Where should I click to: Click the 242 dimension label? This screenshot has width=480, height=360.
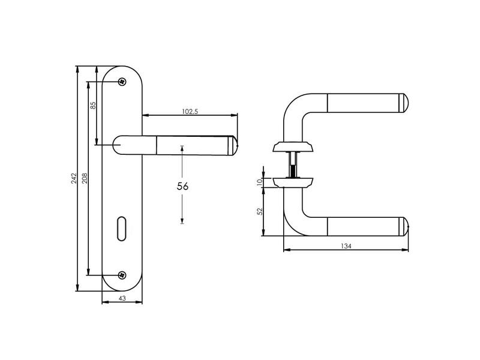(x=74, y=178)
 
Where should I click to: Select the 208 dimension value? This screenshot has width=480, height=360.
(x=85, y=178)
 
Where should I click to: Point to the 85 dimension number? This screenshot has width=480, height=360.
(x=93, y=106)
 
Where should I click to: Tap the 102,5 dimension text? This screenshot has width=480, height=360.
(x=190, y=112)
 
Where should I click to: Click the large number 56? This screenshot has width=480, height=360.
(x=182, y=186)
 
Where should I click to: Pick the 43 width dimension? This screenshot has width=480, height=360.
(x=122, y=298)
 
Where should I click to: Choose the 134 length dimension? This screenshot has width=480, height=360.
(x=346, y=246)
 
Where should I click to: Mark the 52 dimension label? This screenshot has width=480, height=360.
(x=260, y=211)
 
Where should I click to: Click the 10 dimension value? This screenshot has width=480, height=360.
(x=260, y=182)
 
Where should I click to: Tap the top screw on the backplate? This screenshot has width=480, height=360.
(x=122, y=82)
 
